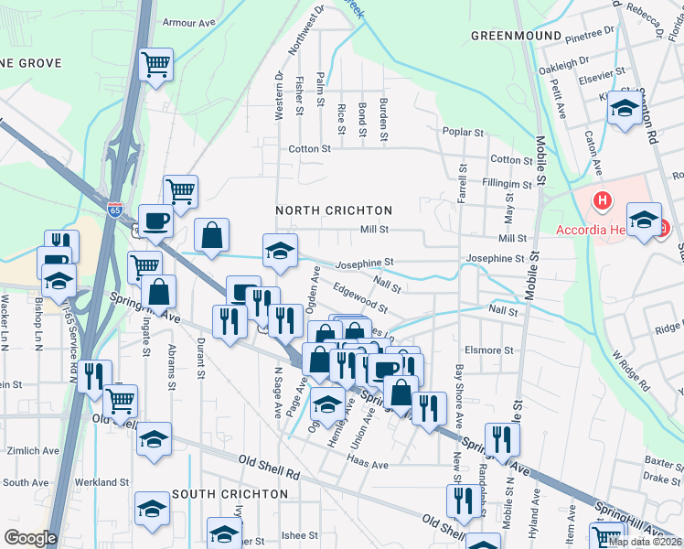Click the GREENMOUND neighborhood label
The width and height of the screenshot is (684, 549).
pos(516,36)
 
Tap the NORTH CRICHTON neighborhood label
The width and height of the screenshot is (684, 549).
pos(334,210)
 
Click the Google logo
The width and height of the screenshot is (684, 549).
pos(31,538)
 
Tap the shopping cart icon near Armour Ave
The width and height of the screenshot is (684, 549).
pos(156,65)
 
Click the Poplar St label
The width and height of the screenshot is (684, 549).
pos(462,133)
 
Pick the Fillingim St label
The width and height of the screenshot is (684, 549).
pos(507,185)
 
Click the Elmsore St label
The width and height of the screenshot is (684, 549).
pos(489,350)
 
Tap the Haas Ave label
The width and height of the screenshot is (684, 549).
pos(369,465)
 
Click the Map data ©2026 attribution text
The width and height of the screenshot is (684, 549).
pos(644,542)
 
